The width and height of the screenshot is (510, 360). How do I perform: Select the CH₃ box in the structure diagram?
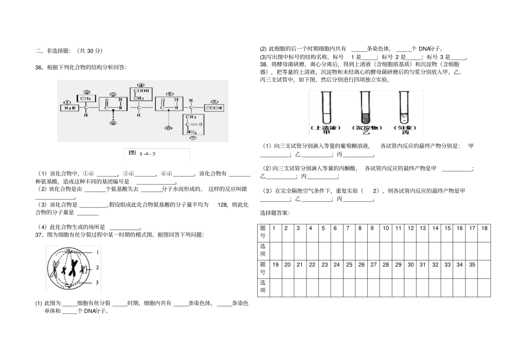pos(84,99)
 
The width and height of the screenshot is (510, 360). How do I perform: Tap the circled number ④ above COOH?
pos(141,85)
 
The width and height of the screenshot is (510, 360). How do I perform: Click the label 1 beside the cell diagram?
pos(98,252)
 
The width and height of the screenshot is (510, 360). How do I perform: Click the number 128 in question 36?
pos(223,205)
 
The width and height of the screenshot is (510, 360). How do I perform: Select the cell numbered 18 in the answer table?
pos(484,228)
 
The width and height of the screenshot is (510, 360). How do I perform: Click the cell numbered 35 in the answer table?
pos(472,265)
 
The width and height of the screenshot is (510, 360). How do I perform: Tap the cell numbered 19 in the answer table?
pos(275,265)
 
